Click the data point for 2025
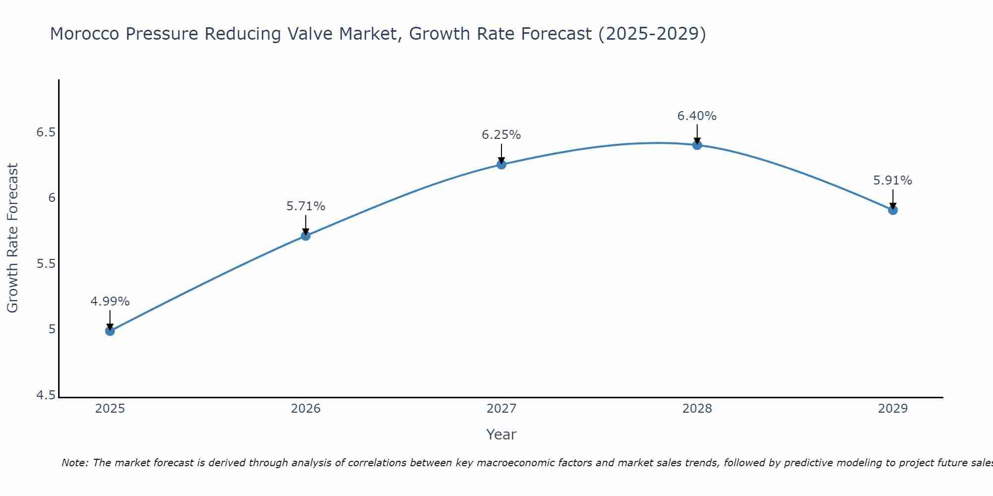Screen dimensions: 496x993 pyautogui.click(x=110, y=331)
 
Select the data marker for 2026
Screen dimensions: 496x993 pyautogui.click(x=306, y=236)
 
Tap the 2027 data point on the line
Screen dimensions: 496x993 pyautogui.click(x=501, y=164)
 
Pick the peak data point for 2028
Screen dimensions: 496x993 pyautogui.click(x=697, y=145)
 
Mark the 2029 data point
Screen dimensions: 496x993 pyautogui.click(x=893, y=210)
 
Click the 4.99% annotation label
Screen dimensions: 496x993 pyautogui.click(x=110, y=302)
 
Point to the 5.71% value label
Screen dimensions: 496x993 pyautogui.click(x=306, y=206)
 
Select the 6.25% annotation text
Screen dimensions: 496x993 pyautogui.click(x=501, y=135)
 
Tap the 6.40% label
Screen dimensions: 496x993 pyautogui.click(x=697, y=116)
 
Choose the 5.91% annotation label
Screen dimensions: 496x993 pyautogui.click(x=893, y=181)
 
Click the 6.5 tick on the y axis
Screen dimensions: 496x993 pyautogui.click(x=46, y=133)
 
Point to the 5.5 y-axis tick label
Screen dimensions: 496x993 pyautogui.click(x=46, y=264)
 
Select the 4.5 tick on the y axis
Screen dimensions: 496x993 pyautogui.click(x=46, y=395)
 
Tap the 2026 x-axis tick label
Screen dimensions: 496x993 pyautogui.click(x=306, y=409)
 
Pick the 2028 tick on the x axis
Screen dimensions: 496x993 pyautogui.click(x=697, y=409)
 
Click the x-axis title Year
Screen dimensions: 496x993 pyautogui.click(x=501, y=434)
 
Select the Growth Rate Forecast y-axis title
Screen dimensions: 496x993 pyautogui.click(x=13, y=238)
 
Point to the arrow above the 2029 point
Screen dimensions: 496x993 pyautogui.click(x=893, y=198)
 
